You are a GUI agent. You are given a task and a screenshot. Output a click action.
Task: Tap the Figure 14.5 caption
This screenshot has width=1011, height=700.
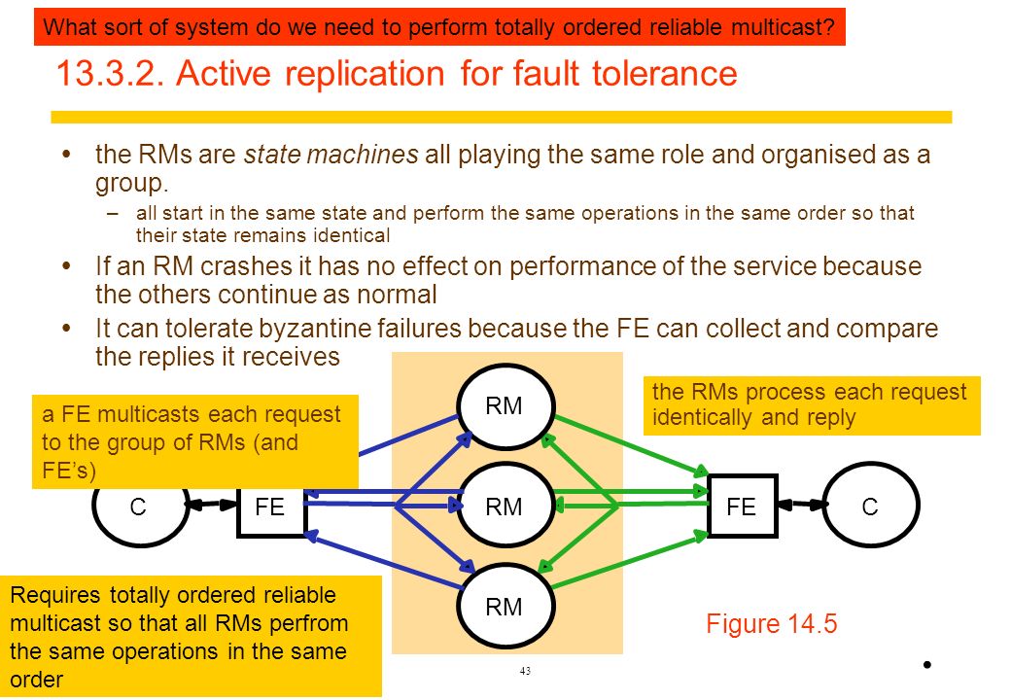[x=771, y=624]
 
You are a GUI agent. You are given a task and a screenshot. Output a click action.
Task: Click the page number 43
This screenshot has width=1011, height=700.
[x=525, y=671]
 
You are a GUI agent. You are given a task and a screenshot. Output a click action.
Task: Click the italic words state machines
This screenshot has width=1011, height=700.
[x=331, y=155]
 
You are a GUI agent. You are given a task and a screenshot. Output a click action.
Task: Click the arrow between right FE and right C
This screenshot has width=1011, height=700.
[x=801, y=505]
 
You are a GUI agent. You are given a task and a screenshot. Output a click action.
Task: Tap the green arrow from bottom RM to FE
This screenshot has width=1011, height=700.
[x=630, y=559]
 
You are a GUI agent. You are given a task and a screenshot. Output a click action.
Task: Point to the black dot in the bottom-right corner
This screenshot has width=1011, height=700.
[x=927, y=665]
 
